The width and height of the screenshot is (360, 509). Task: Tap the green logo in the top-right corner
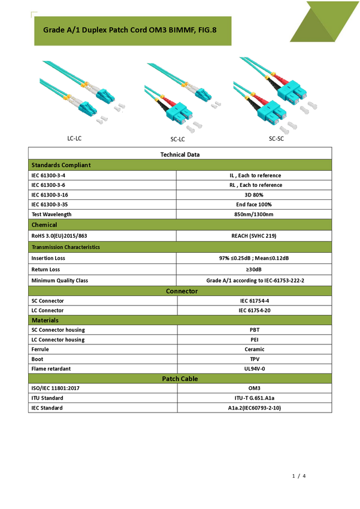coord(322,22)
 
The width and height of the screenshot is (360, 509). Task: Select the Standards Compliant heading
coord(61,165)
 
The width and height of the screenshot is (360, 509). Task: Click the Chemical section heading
coord(44,225)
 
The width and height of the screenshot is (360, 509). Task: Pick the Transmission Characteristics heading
coord(65,247)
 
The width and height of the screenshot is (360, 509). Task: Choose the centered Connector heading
coord(181,291)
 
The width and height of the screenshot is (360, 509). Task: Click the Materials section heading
coord(45,320)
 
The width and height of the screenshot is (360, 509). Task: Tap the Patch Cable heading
coord(180,379)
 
